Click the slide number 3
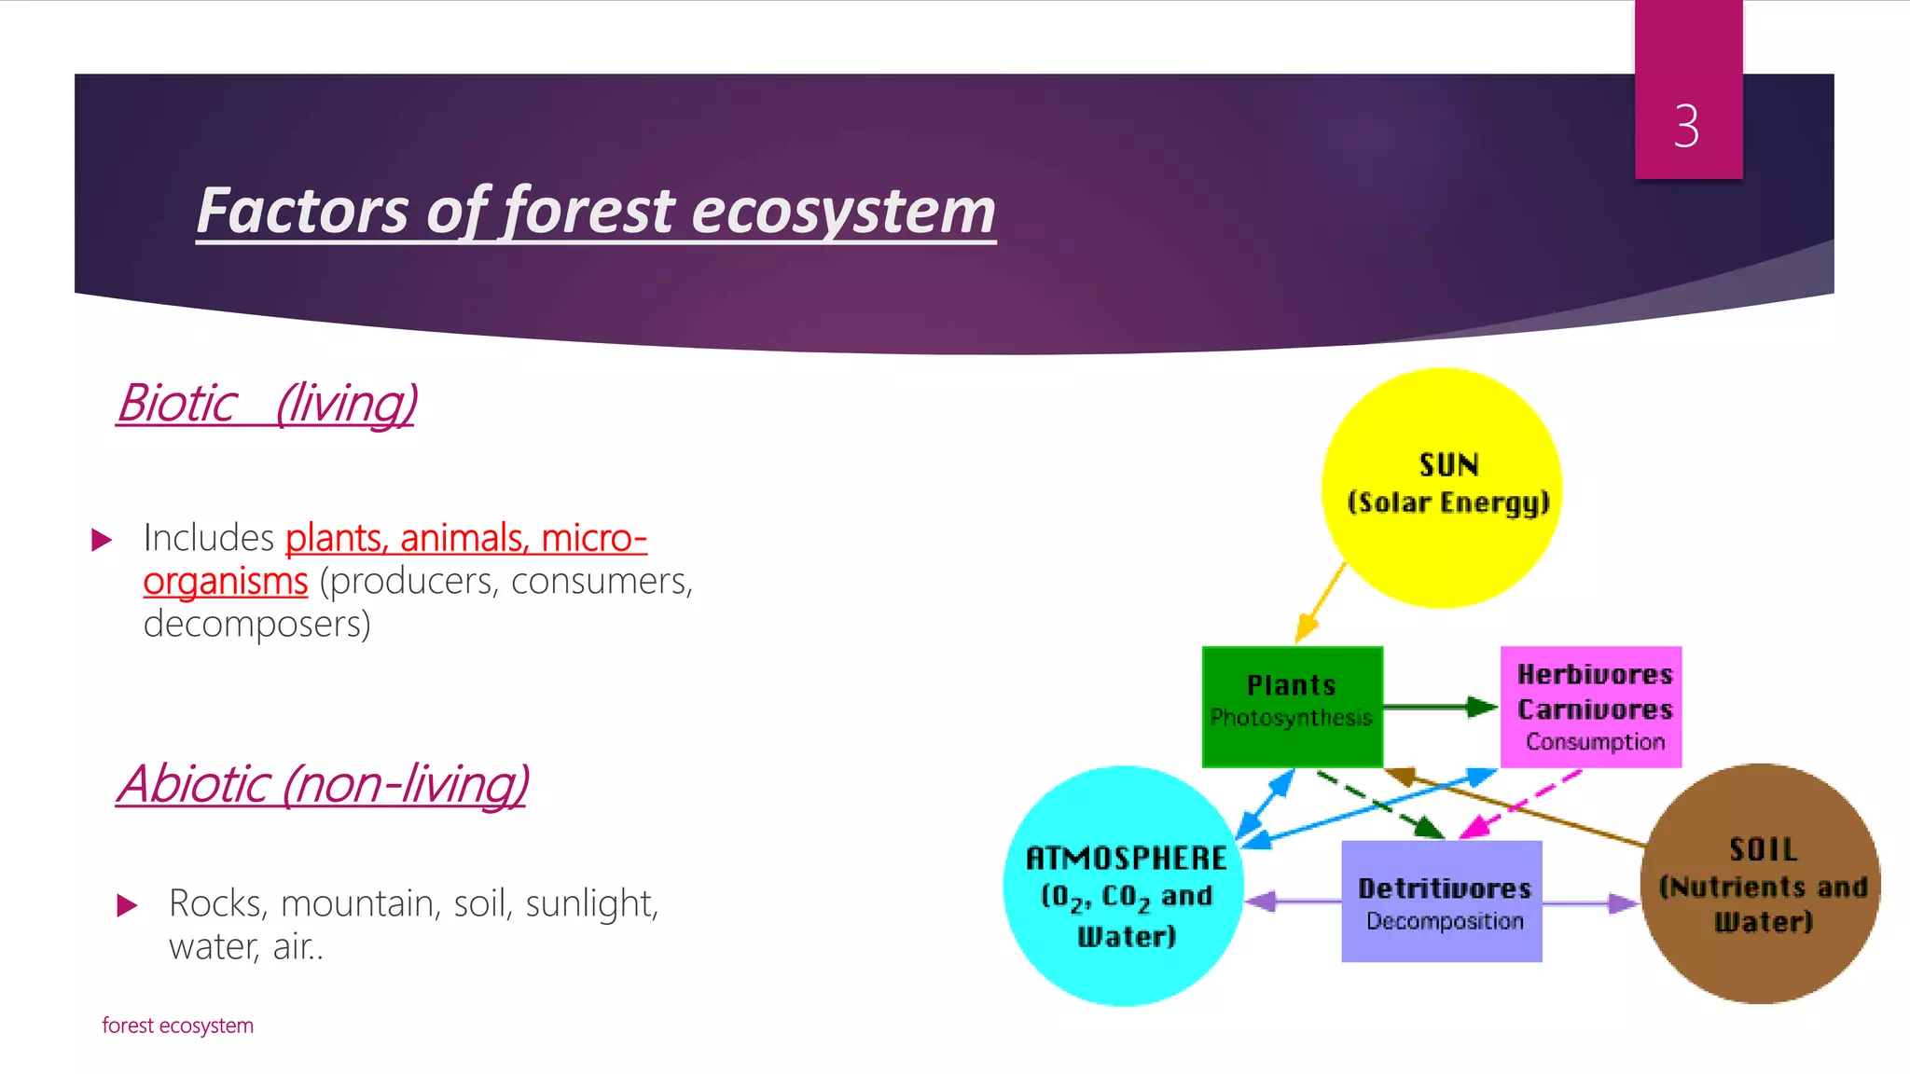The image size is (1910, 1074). [x=1686, y=126]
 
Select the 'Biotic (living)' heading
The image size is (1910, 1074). [x=267, y=404]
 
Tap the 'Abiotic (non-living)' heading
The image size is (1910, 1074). [x=323, y=784]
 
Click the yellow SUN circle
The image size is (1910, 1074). [x=1442, y=541]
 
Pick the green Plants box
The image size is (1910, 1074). [x=1292, y=706]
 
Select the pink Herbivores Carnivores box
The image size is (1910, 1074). [x=1591, y=706]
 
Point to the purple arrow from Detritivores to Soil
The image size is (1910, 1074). [x=1589, y=902]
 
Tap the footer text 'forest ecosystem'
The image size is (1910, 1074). [x=177, y=1026]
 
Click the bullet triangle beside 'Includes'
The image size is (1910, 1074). [x=102, y=540]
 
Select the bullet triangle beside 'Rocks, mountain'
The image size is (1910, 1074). [x=127, y=905]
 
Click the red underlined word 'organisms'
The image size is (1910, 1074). [x=226, y=581]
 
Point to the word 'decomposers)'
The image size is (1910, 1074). [x=256, y=624]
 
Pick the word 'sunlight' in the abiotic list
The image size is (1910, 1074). [x=591, y=903]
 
